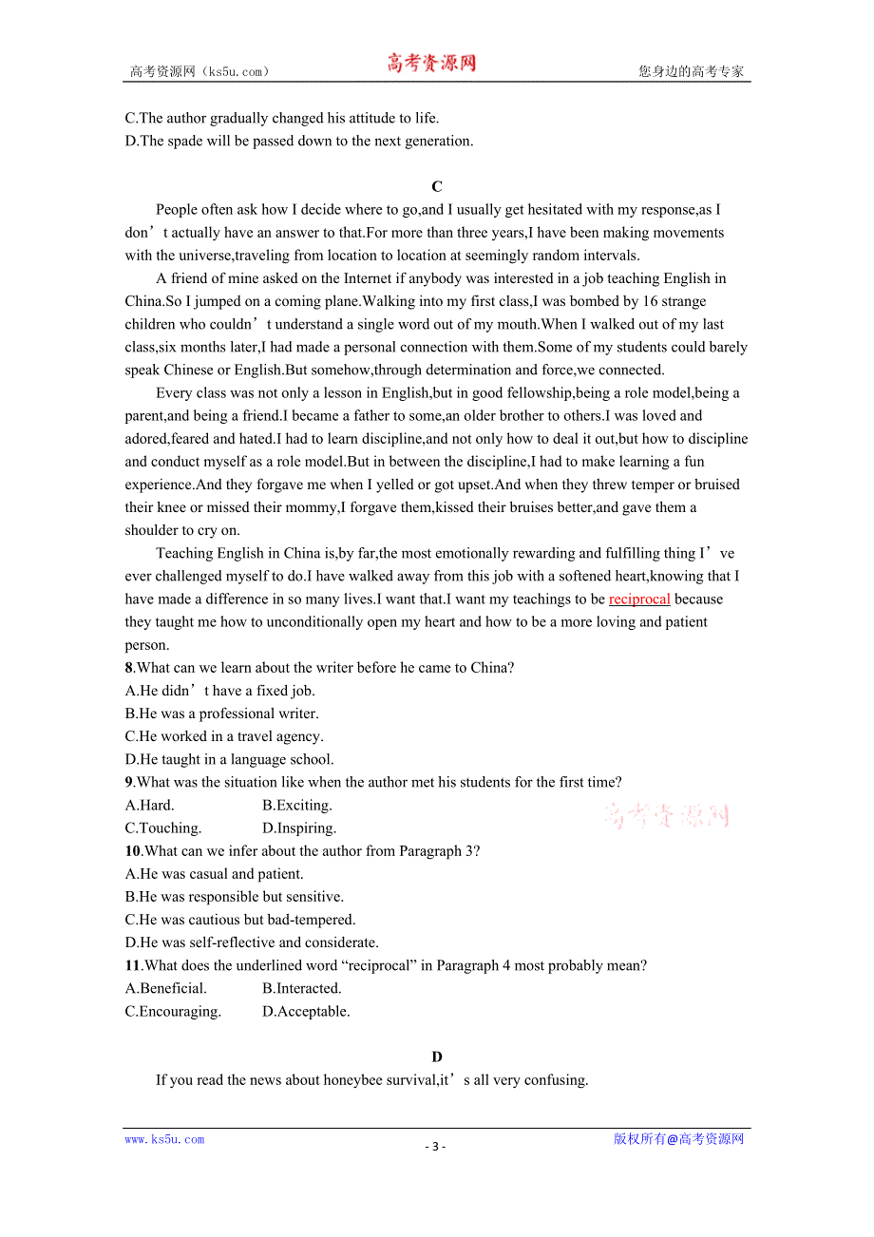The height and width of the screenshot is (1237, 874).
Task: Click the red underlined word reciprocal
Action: point(639,599)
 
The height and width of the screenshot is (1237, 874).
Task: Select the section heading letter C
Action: point(436,187)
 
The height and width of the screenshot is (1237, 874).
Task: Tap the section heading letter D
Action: point(436,1057)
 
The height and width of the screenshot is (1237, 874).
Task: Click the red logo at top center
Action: point(431,64)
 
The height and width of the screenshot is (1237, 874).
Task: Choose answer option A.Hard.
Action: point(150,806)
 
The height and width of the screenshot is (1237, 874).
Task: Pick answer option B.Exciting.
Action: point(297,806)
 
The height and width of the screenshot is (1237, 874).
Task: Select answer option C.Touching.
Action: point(163,828)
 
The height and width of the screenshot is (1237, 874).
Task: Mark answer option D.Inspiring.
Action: point(299,828)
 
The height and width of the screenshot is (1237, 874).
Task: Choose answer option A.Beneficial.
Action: point(166,989)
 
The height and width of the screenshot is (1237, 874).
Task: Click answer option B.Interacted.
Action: point(302,989)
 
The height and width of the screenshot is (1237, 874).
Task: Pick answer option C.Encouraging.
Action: point(173,1012)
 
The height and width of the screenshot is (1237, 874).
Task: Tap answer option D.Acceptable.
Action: point(306,1012)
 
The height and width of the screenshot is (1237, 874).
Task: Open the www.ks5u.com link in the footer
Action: point(164,1140)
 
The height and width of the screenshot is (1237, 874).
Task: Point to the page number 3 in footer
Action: point(435,1147)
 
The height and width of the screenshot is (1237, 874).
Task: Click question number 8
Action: point(129,668)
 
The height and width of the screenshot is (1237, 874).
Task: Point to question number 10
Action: point(133,851)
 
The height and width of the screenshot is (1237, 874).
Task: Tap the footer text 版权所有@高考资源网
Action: point(678,1139)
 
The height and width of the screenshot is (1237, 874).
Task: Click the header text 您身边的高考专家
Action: point(691,71)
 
